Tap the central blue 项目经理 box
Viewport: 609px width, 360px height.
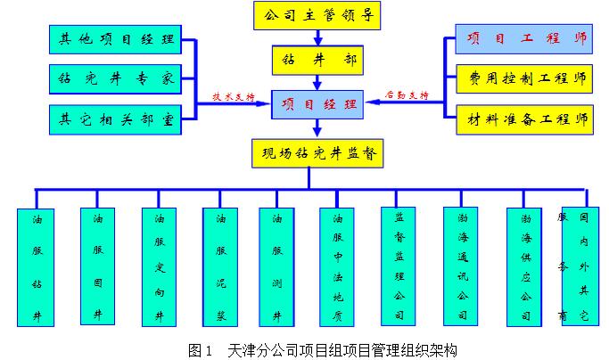click(317, 105)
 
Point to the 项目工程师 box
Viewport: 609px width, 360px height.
click(523, 39)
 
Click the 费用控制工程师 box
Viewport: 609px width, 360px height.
click(523, 78)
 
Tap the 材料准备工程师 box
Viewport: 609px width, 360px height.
click(523, 118)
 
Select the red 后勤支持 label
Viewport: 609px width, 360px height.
click(407, 94)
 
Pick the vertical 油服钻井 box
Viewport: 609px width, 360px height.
click(37, 266)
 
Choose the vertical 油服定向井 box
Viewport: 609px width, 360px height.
click(160, 266)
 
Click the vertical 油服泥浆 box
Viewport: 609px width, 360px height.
click(219, 266)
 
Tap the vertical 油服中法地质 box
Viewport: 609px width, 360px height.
click(338, 266)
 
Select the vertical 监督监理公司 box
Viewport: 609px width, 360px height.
click(399, 266)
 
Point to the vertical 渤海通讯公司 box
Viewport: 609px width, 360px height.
click(461, 266)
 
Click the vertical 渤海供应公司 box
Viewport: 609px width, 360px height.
click(525, 266)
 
